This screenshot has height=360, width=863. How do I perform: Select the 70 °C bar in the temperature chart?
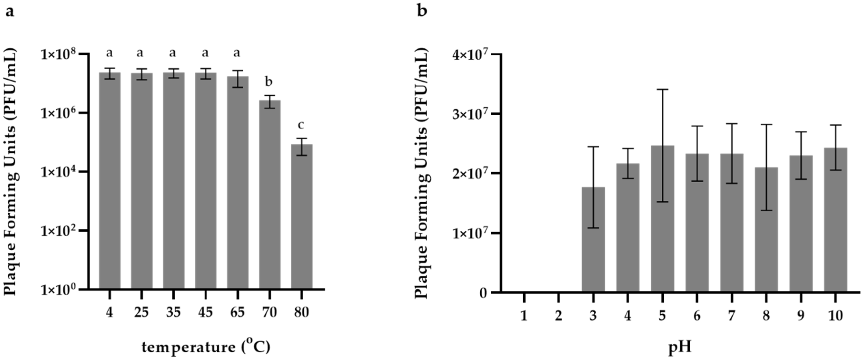(x=269, y=194)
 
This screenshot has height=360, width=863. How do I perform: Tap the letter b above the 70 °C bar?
(x=269, y=82)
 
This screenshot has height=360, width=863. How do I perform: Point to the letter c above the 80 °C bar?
(x=301, y=125)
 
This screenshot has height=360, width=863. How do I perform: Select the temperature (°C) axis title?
(x=206, y=347)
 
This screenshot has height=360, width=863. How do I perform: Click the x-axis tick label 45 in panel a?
(x=205, y=312)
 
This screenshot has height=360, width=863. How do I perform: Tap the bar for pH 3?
(x=593, y=239)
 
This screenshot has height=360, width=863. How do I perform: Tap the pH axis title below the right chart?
(x=680, y=347)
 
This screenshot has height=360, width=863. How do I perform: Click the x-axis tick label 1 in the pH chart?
(x=524, y=316)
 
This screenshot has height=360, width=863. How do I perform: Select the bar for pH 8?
(x=766, y=229)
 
